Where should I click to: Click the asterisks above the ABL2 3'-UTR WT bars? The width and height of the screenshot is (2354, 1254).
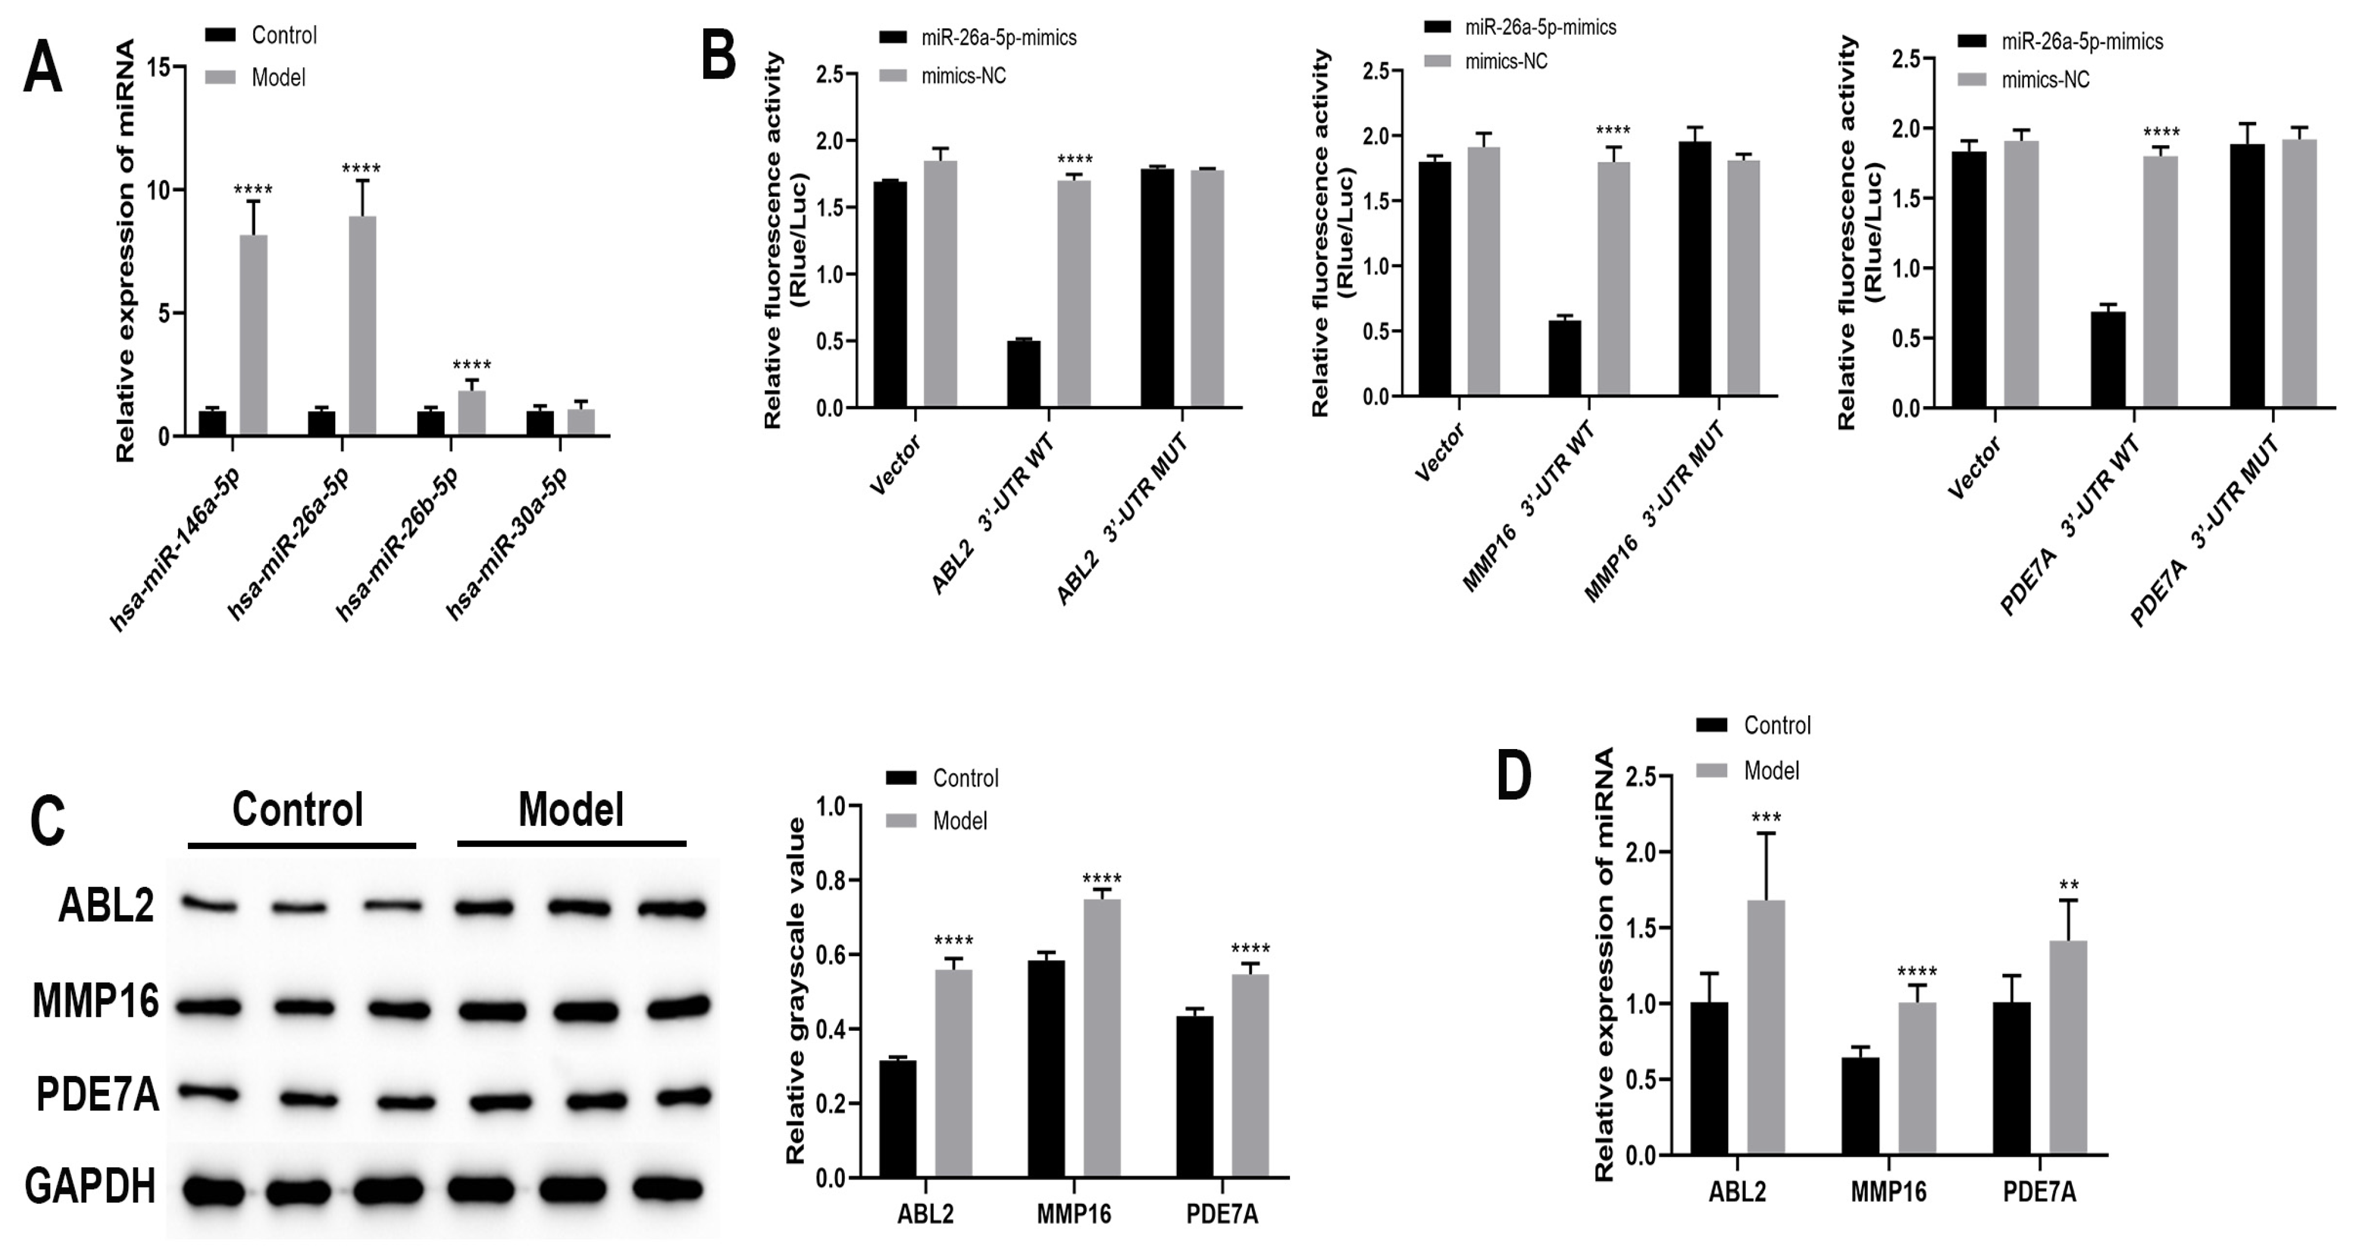pos(1074,161)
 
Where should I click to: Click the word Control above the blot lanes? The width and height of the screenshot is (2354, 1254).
pos(297,810)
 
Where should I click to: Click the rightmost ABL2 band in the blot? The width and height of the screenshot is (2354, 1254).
pos(672,909)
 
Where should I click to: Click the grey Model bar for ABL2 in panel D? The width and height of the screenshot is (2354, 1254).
pos(1765,1028)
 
